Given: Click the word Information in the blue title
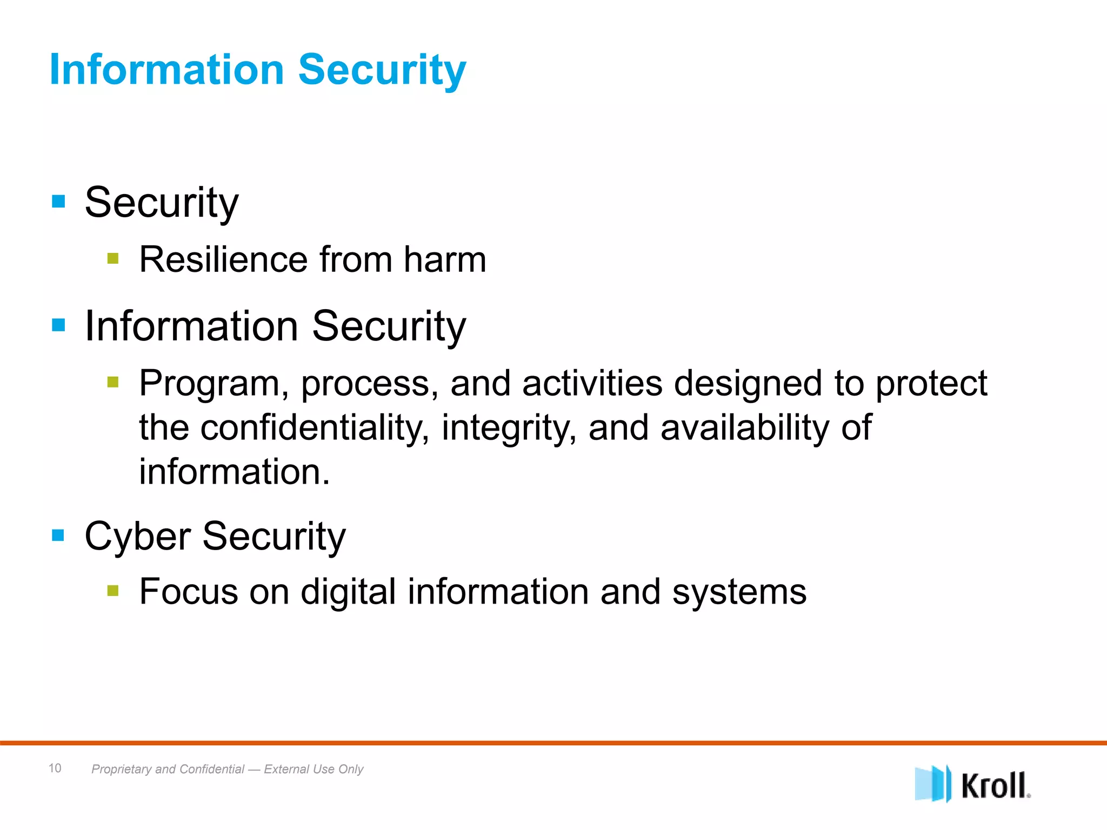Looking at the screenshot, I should tap(166, 70).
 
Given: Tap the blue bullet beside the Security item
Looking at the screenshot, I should tap(58, 202).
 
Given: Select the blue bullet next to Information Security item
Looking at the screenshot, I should tap(58, 325).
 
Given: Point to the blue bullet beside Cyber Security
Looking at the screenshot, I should tap(58, 535).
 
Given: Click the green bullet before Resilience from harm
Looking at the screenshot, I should tap(112, 258).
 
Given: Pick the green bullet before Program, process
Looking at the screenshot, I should tap(112, 383).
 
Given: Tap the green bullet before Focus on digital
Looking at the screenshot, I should tap(112, 591).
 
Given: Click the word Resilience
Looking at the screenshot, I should tap(223, 259).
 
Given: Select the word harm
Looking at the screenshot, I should tap(445, 259).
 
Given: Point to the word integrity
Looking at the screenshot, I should tap(508, 427).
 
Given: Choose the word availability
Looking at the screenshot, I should tap(744, 427).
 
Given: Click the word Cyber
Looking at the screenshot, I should tap(137, 536).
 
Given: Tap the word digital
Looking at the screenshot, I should tap(348, 591).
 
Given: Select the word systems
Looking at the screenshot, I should tap(739, 592).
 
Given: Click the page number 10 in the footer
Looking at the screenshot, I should tap(55, 768).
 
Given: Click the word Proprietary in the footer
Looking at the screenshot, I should tap(122, 769).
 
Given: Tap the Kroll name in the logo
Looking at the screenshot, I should tap(995, 785).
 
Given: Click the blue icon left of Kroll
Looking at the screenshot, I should tap(932, 784).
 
